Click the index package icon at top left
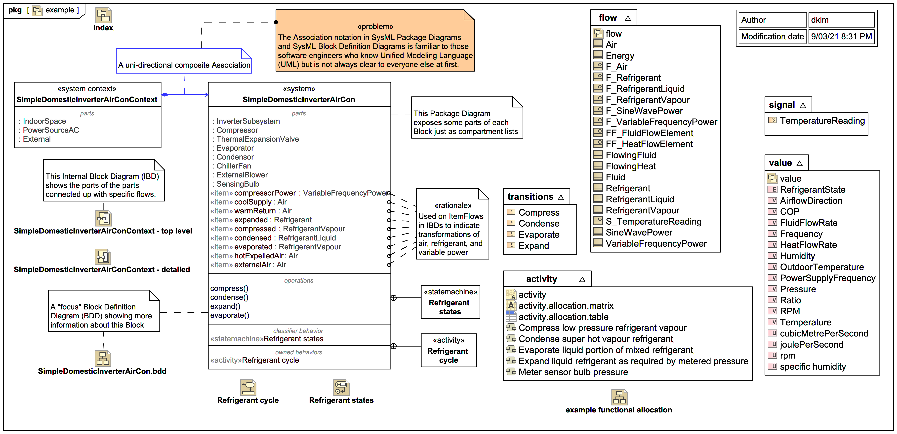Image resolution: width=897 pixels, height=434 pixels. point(103,16)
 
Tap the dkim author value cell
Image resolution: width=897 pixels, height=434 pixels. point(841,20)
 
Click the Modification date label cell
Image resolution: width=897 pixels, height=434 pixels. point(772,36)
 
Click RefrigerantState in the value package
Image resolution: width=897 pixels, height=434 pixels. point(812,190)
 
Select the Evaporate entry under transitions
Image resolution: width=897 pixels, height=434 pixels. point(539,234)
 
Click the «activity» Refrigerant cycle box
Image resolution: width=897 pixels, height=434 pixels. point(448,350)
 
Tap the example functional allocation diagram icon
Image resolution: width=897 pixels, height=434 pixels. point(619,397)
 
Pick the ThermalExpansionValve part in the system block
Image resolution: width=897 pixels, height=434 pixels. point(257,139)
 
